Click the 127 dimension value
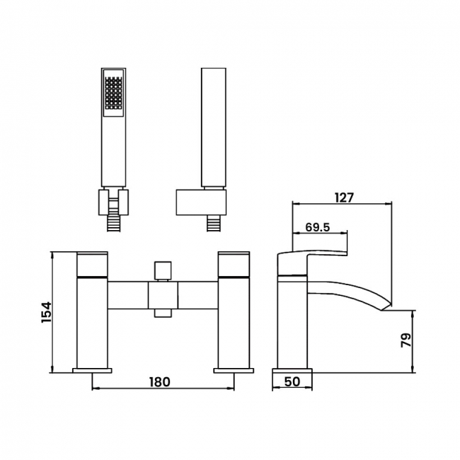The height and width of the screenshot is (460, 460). pos(344,197)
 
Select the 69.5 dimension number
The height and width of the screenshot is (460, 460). pos(318,227)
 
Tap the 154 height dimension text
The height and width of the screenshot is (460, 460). pos(46,312)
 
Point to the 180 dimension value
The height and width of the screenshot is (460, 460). pos(160,381)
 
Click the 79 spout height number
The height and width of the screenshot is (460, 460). pos(406,340)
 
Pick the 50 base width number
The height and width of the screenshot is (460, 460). pos(292,381)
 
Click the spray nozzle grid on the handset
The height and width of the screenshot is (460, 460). pos(113,93)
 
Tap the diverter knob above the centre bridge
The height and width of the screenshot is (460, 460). pos(163,271)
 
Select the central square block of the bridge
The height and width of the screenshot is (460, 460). pos(163,295)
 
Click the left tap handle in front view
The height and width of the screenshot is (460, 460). pos(92,264)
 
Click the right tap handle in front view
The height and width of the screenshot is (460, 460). pos(234,264)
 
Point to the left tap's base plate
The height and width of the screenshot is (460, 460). pos(92,371)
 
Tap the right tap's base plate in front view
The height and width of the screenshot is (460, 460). pos(234,371)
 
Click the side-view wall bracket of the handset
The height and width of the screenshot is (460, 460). pos(201,202)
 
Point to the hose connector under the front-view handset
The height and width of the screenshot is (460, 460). pos(113,223)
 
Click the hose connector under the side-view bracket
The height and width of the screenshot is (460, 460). pos(214,223)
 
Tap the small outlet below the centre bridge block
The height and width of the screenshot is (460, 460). pos(163,313)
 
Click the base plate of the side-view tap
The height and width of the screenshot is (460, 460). pos(292,371)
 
